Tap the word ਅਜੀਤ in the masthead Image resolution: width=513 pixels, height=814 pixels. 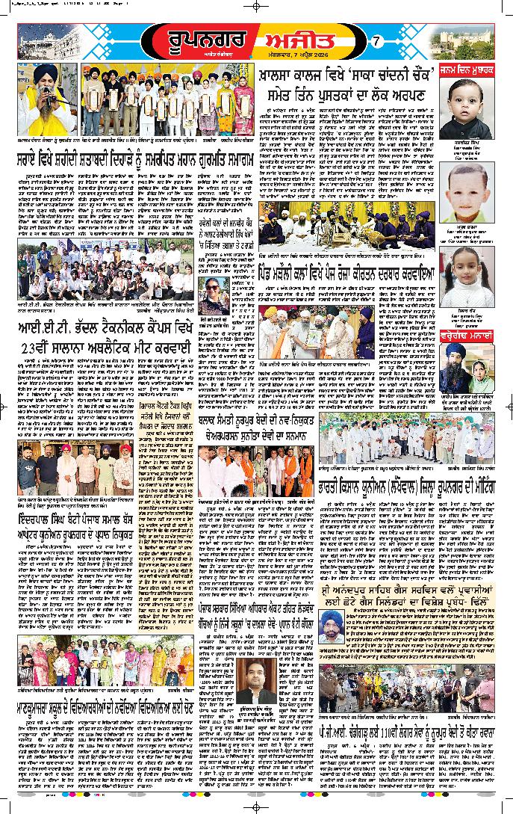[296, 35]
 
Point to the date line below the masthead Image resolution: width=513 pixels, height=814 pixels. [304, 54]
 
